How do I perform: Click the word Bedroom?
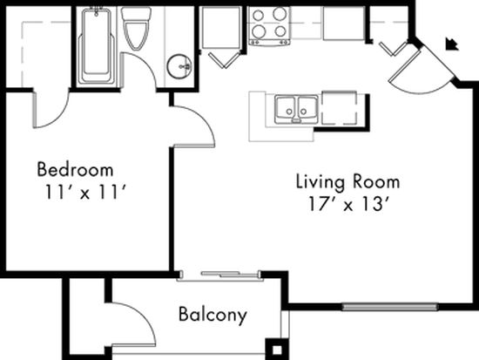[75, 169]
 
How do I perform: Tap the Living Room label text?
[348, 181]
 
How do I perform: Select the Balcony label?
[213, 315]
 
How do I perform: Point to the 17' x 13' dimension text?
[349, 204]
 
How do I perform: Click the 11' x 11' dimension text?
[85, 193]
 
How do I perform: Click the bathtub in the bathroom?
[97, 45]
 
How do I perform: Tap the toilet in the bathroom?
[136, 28]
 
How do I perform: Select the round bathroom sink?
[179, 66]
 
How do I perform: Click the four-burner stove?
[269, 26]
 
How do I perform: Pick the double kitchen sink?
[296, 109]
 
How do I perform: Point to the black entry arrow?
[452, 44]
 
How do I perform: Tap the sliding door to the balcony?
[220, 275]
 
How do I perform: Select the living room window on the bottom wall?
[389, 307]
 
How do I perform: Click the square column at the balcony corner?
[277, 349]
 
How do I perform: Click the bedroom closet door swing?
[51, 110]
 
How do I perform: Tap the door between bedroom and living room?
[193, 126]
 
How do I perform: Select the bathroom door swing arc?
[139, 71]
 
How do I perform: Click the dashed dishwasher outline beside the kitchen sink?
[340, 108]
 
